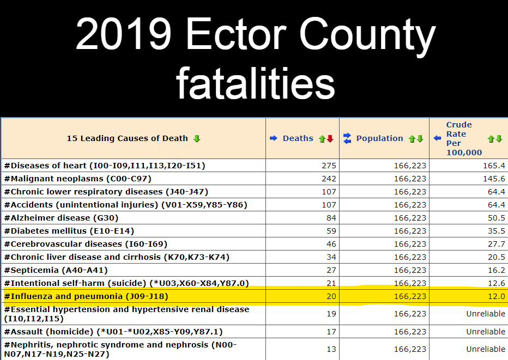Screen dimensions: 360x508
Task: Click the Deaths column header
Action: [298, 138]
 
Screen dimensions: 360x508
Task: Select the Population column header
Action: [379, 138]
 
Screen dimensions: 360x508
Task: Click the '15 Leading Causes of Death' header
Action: [127, 138]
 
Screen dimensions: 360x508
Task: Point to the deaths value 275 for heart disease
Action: [329, 165]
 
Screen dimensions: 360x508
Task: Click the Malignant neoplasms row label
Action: [77, 178]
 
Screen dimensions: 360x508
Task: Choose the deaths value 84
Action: [331, 217]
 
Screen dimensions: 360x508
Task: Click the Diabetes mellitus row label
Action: [69, 230]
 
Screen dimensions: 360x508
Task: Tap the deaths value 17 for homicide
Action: [331, 331]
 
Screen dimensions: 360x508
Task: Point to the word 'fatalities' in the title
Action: [255, 83]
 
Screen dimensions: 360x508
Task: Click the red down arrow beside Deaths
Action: [330, 139]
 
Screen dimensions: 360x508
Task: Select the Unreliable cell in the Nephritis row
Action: [485, 349]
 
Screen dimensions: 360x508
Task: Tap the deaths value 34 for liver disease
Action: [331, 257]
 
